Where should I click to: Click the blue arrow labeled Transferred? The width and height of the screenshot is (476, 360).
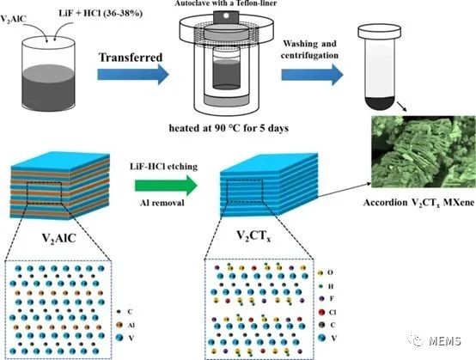coord(133,75)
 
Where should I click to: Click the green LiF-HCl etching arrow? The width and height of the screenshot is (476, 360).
coord(167,186)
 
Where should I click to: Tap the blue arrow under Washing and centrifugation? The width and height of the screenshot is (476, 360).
coord(313,75)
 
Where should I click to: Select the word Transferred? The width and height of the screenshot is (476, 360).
coord(131,58)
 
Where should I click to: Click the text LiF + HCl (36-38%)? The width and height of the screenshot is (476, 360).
coord(101,14)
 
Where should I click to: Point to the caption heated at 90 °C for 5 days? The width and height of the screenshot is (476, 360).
coord(229,128)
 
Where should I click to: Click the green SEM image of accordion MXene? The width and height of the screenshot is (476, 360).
coord(424,151)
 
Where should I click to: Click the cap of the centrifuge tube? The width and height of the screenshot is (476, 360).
coord(380,32)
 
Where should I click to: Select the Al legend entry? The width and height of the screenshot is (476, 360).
coord(125,325)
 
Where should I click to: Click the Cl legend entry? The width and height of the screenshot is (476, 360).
coord(327,313)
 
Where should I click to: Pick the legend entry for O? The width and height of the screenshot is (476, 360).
coord(326,272)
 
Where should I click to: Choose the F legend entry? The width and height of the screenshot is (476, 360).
coord(326,299)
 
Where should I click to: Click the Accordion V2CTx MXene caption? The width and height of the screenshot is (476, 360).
coord(419,203)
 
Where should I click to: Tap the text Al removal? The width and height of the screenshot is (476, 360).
coord(162,203)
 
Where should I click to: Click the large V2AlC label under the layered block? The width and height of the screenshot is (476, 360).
coord(59,239)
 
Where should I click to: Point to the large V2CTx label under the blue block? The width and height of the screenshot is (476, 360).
coord(253,236)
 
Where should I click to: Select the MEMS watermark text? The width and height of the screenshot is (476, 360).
coord(445,341)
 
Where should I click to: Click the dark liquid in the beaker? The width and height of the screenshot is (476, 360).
coord(48,88)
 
